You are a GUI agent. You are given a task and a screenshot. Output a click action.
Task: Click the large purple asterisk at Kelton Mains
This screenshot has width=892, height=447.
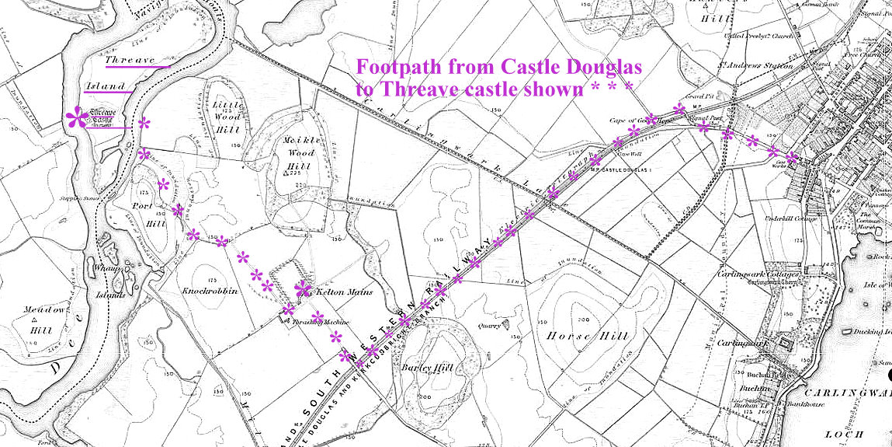(x=303, y=290)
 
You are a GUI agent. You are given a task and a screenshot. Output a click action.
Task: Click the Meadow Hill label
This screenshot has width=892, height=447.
(x=43, y=319)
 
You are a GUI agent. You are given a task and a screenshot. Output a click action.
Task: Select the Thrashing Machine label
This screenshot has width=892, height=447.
(x=326, y=321)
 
